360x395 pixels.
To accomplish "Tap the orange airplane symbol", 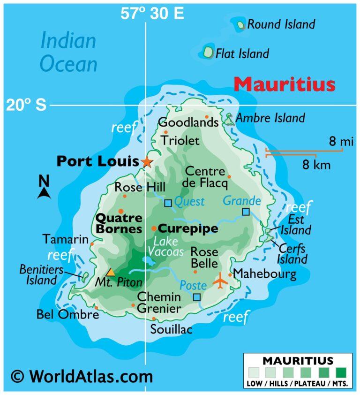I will coord(220,281).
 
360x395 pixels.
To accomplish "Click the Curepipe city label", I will coord(188,228).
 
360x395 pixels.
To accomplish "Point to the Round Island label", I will coord(281,24).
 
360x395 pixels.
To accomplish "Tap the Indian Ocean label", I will coord(68,52).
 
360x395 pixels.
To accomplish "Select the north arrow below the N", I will coord(44,192).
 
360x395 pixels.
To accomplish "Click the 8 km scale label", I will coord(316,165).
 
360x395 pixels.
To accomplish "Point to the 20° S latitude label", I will coord(26,105).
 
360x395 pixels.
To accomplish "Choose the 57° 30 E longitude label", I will coord(152,14).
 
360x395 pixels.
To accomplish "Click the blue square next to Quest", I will coord(168,203).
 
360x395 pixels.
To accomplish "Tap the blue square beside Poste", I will coord(197,297).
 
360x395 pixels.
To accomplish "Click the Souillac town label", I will coord(171,330).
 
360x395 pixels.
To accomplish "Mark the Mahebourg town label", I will coord(264,273).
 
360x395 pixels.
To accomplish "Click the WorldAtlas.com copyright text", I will coord(82,376).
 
